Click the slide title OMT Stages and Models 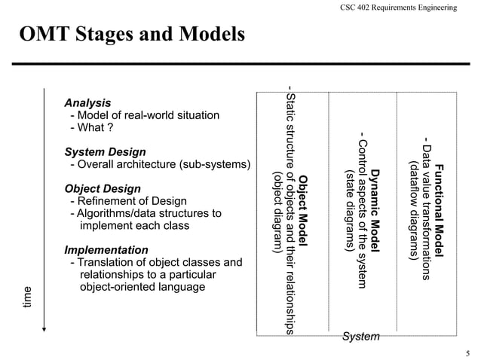pyautogui.click(x=132, y=35)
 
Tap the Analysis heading pyautogui.click(x=87, y=102)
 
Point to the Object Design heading pyautogui.click(x=103, y=188)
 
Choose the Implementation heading pyautogui.click(x=106, y=249)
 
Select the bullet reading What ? pyautogui.click(x=91, y=127)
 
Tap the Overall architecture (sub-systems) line pyautogui.click(x=159, y=164)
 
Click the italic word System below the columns pyautogui.click(x=360, y=337)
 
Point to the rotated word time pyautogui.click(x=28, y=297)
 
